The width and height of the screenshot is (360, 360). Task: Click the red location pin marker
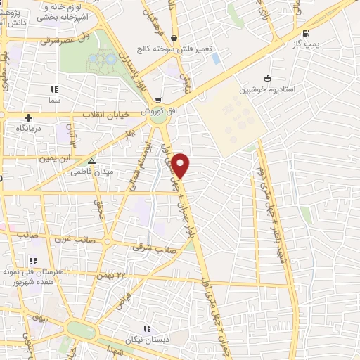[181, 164]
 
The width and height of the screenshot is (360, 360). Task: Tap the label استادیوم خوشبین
[268, 90]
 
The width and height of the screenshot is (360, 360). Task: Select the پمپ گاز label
[305, 44]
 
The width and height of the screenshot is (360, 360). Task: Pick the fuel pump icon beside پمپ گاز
[305, 33]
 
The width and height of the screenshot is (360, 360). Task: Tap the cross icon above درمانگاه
[28, 117]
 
